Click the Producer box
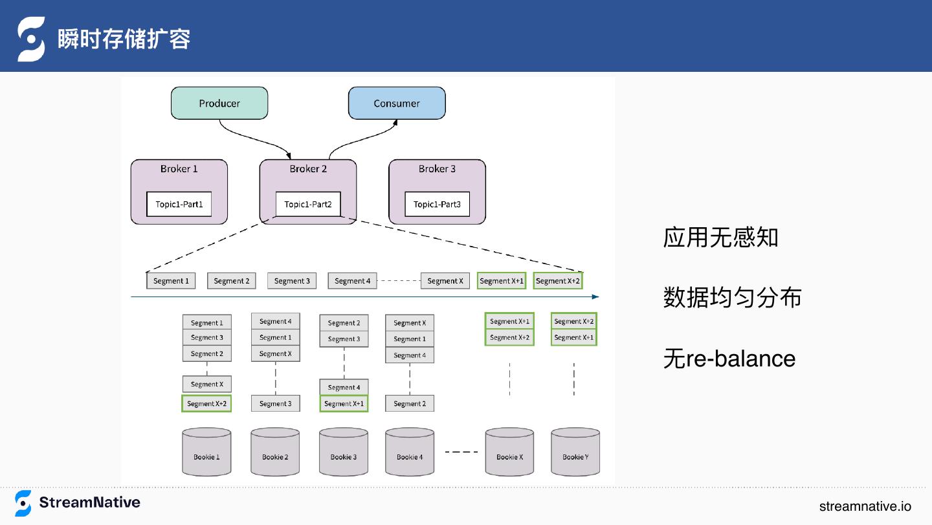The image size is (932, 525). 219,103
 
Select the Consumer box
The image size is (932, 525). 397,103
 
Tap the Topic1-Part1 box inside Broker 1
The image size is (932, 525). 179,204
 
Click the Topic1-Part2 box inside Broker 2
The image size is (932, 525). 308,204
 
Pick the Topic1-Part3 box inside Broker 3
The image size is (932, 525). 438,204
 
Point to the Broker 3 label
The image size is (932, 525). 437,168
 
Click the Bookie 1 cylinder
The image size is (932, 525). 206,452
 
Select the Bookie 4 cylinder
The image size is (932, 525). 410,452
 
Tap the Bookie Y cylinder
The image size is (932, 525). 575,452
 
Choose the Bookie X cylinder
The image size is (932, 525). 510,452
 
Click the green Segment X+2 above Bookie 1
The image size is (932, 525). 206,403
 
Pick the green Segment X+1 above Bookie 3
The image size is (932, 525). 344,403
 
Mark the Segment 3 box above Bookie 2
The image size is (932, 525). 276,403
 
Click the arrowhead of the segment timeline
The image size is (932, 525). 596,296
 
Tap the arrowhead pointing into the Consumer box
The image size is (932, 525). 395,122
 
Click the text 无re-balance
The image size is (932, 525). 729,359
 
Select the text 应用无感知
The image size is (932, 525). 720,238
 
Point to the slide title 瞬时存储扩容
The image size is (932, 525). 124,39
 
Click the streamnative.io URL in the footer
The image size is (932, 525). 865,506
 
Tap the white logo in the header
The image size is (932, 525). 31,39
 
